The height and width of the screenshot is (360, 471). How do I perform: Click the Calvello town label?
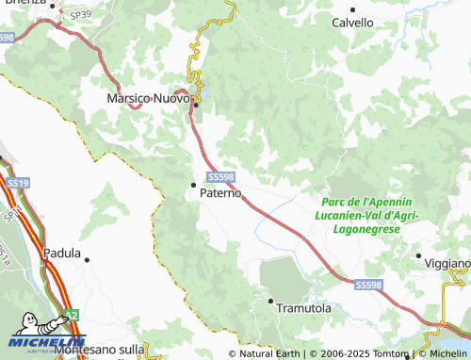tap(352, 23)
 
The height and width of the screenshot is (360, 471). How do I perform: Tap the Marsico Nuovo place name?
tap(149, 97)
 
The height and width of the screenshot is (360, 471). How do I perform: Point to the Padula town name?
tap(62, 253)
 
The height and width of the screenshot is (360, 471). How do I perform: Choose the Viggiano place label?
tap(448, 262)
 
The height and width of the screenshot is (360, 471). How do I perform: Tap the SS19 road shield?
tap(16, 181)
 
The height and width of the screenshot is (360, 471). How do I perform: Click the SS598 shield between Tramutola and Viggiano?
tap(368, 284)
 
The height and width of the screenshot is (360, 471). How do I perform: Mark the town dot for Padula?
tap(87, 258)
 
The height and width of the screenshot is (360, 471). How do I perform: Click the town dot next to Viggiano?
tap(419, 254)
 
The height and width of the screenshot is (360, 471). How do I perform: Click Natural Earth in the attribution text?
tap(268, 353)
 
